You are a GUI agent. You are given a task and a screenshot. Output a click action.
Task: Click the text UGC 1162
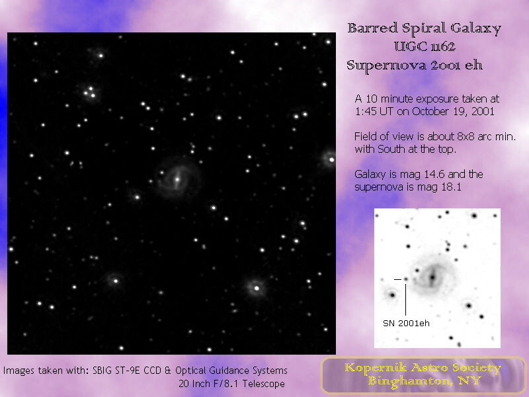(425, 46)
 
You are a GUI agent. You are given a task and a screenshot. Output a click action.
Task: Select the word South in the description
(391, 149)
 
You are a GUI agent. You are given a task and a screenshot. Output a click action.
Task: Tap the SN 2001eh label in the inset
(406, 324)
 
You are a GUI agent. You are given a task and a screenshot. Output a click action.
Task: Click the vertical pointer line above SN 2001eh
(405, 300)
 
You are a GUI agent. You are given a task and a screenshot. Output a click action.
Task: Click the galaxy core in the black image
(177, 179)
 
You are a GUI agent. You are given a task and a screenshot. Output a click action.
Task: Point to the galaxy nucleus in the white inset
(432, 277)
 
